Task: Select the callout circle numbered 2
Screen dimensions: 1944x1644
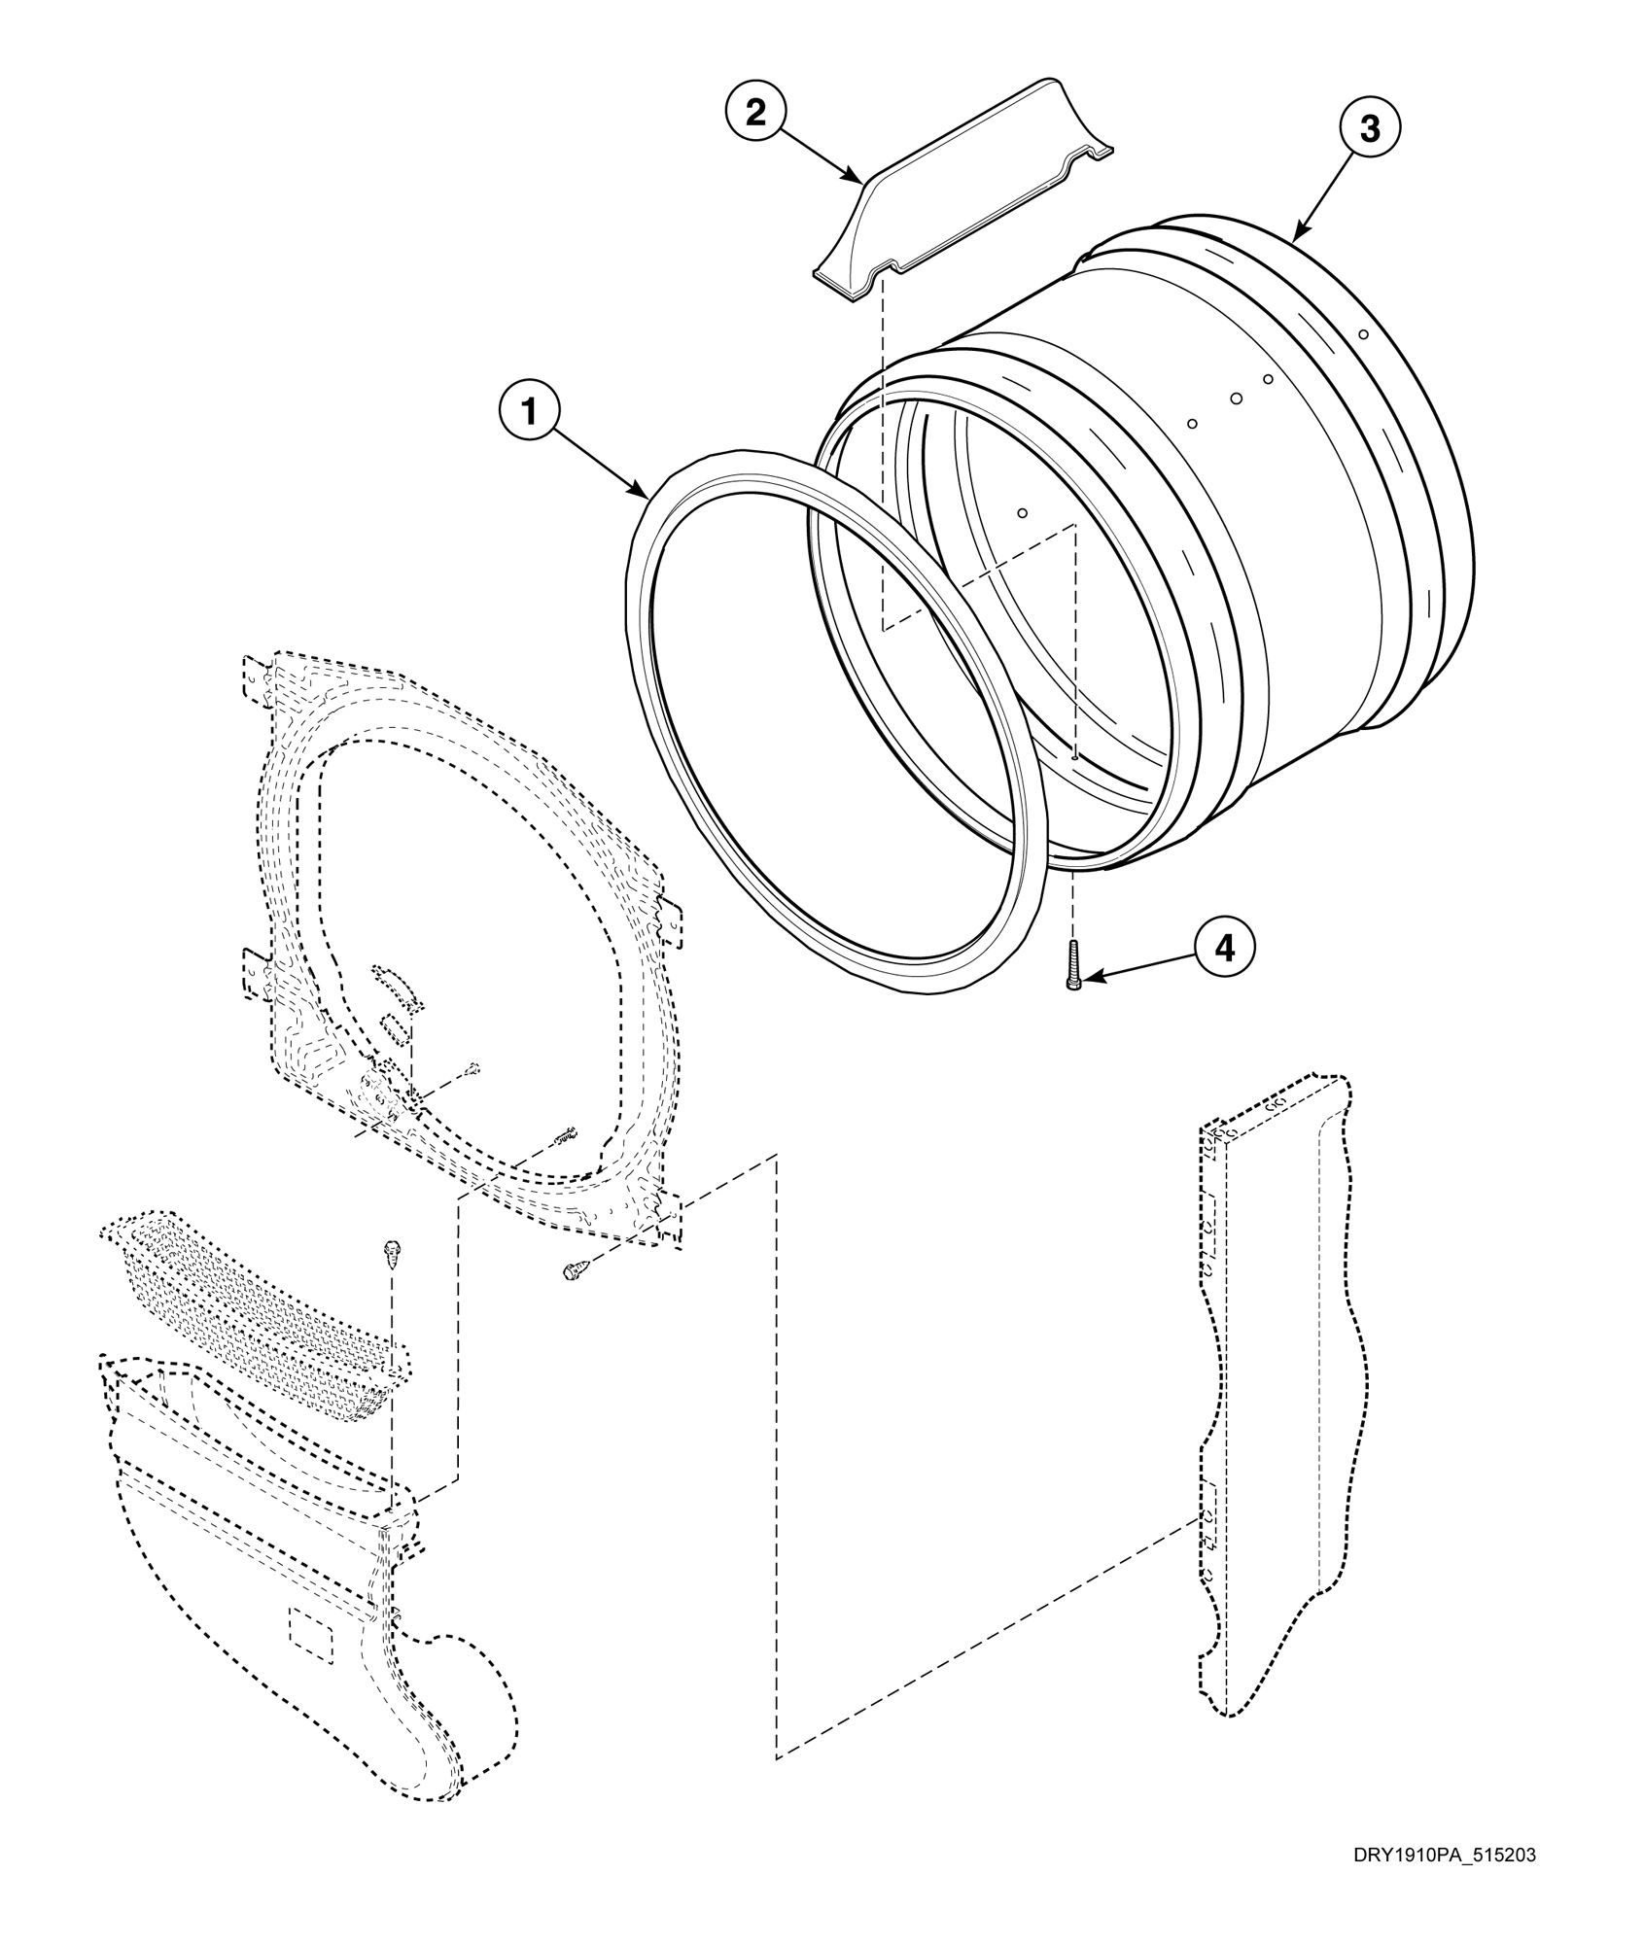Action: [x=755, y=112]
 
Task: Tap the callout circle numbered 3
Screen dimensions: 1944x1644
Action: [x=1369, y=128]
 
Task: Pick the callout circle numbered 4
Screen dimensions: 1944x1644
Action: [x=1225, y=947]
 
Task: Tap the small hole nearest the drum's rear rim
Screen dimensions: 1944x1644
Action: [x=1363, y=334]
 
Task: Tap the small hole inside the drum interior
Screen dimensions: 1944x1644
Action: [x=1022, y=512]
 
